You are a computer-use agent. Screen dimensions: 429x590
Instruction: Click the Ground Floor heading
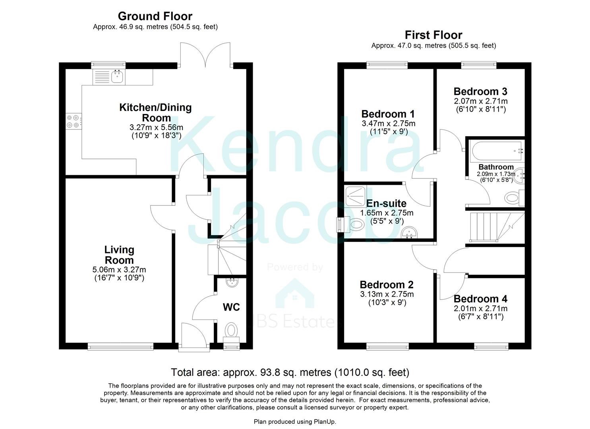(x=155, y=16)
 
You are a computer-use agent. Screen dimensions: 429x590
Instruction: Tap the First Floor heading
(x=433, y=35)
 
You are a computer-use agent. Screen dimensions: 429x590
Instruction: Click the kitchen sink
(x=117, y=77)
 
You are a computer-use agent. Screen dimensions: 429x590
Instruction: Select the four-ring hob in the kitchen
(x=73, y=121)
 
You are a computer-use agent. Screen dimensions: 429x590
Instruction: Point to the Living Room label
(x=119, y=255)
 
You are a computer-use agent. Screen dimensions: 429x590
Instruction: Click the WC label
(x=231, y=307)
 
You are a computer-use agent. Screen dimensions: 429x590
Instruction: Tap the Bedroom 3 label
(x=480, y=92)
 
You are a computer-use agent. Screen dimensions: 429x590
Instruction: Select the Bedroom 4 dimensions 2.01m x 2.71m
(x=480, y=309)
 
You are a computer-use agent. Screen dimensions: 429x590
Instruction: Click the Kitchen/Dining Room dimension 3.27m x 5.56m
(x=156, y=128)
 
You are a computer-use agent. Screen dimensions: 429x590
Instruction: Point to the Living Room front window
(x=120, y=347)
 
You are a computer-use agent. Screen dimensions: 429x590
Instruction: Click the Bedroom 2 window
(x=387, y=347)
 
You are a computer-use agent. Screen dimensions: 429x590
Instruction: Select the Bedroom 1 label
(x=388, y=114)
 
